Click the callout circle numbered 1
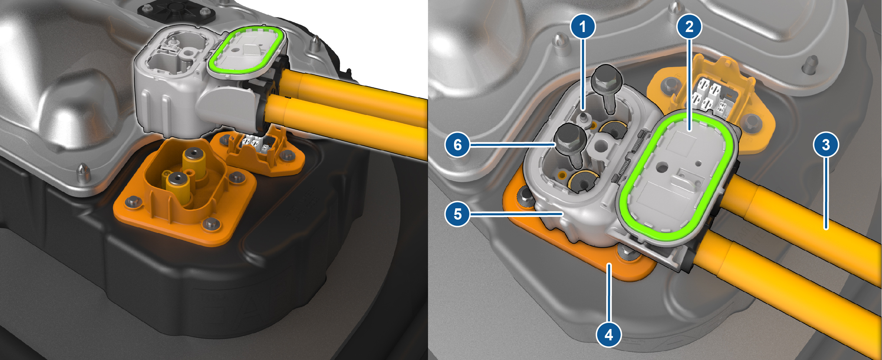[x=583, y=26]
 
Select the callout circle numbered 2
[x=689, y=26]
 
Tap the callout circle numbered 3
[x=826, y=145]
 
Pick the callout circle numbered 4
[x=609, y=335]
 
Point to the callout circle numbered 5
[x=457, y=214]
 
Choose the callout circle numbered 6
[x=457, y=145]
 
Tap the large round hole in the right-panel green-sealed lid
[x=663, y=168]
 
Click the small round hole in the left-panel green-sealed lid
[x=235, y=49]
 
